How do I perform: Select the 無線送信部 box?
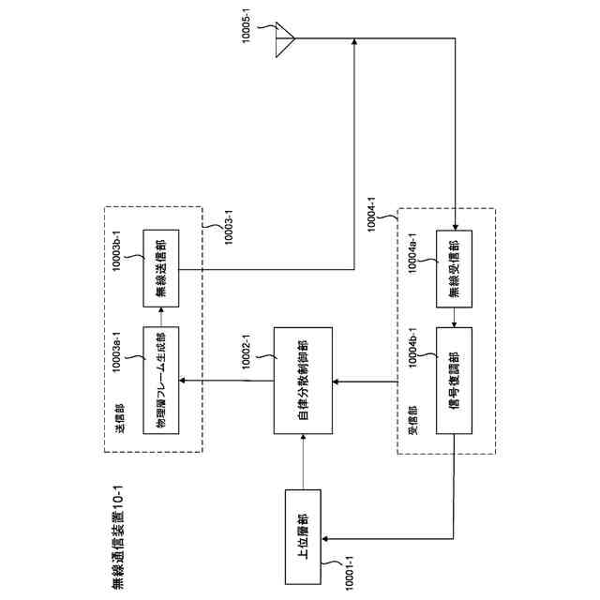(x=160, y=267)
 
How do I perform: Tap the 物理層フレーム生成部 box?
(x=160, y=380)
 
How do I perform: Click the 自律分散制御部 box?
(x=301, y=380)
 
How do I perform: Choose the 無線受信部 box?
(x=455, y=267)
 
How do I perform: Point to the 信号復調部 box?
(x=455, y=380)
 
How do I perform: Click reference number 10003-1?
(x=226, y=222)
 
